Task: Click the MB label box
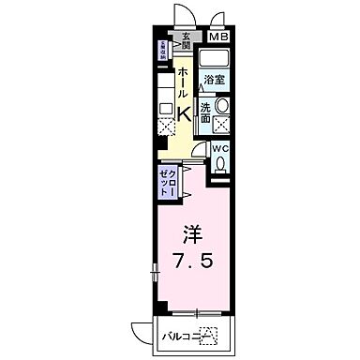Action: point(217,37)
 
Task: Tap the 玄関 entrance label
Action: point(186,40)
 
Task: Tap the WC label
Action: point(218,148)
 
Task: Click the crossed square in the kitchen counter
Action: point(166,125)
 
